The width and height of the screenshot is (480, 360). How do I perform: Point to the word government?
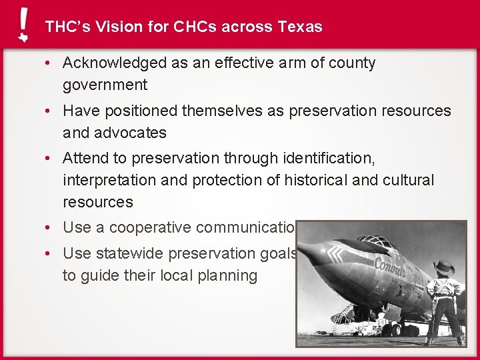coord(105,85)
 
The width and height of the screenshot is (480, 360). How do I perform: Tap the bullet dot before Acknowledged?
coord(49,64)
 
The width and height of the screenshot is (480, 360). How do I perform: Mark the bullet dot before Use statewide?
coord(49,254)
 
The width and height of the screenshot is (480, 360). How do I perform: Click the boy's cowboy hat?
coord(443,267)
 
